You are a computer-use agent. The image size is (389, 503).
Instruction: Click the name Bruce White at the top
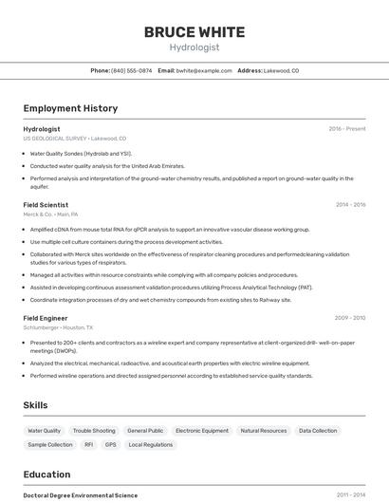pos(194,31)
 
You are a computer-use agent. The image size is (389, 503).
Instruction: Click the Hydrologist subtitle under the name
pos(194,47)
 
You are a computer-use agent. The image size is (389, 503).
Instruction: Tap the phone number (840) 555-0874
pos(131,70)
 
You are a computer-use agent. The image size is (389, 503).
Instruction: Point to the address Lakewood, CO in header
pos(281,70)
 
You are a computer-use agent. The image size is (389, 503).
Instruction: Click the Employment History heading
pos(70,108)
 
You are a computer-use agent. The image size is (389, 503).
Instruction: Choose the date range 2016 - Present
pos(346,128)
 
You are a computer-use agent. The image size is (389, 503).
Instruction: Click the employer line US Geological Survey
pos(74,138)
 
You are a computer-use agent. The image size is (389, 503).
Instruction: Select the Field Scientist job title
pos(46,204)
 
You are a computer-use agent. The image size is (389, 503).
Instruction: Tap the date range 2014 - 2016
pos(350,204)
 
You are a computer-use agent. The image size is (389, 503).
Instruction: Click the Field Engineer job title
pos(46,318)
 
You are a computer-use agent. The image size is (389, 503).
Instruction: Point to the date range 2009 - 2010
pos(350,318)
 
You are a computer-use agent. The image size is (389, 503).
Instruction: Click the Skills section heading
pos(35,405)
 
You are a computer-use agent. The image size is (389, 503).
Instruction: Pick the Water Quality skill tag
pos(44,431)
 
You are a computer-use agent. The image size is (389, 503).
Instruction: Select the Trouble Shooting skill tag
pos(94,431)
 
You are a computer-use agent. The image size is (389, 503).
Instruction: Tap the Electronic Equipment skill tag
pos(202,431)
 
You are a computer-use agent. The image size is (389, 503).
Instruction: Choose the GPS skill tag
pos(110,444)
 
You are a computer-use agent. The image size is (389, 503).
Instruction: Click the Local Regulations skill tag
pos(151,444)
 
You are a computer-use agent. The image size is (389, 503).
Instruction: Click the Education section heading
pos(46,475)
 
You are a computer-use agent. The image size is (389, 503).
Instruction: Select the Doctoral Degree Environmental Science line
pos(81,495)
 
